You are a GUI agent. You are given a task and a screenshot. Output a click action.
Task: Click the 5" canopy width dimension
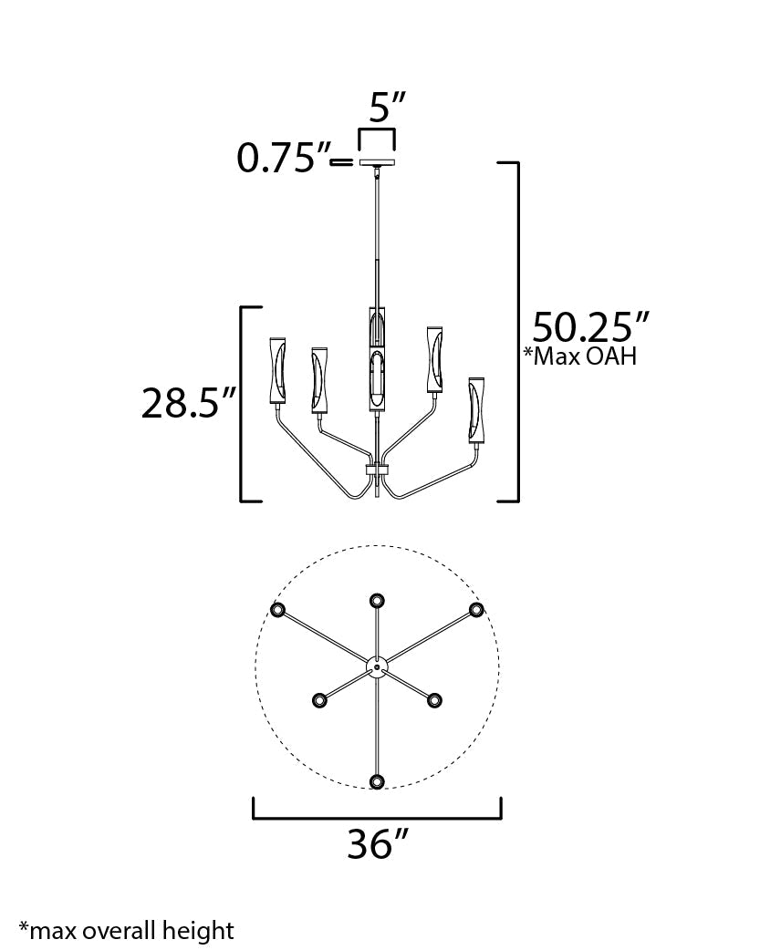387,109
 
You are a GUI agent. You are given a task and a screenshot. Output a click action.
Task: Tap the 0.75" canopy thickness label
283,159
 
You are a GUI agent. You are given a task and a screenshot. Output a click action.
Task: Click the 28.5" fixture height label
189,402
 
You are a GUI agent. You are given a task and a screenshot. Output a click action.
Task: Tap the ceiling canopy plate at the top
377,164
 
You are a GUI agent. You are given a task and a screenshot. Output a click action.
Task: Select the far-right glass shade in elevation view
476,412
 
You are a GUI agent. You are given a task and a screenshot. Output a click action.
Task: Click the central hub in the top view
377,667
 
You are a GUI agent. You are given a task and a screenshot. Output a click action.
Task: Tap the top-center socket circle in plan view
377,600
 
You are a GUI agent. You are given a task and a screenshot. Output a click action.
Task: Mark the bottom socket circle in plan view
377,780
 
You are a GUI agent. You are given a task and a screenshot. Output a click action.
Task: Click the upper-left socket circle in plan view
278,610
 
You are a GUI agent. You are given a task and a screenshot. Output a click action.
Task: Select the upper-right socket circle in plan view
475,609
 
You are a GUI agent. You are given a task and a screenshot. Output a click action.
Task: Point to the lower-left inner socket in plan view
319,699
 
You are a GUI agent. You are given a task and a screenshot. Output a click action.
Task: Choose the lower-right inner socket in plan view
434,699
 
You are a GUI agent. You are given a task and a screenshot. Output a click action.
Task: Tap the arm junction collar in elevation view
377,470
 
